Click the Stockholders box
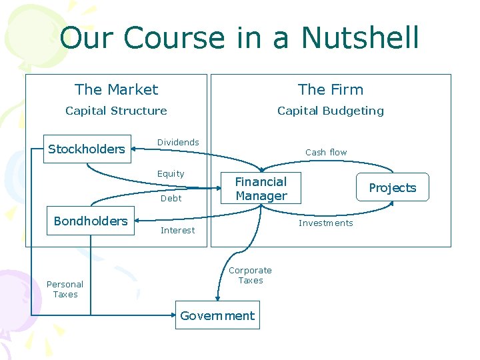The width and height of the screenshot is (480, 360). [87, 149]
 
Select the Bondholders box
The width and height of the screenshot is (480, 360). [91, 221]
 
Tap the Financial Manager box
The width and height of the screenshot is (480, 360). [261, 189]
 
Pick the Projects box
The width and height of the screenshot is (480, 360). [392, 187]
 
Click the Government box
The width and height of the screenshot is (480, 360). [217, 315]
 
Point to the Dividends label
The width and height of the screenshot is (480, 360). [178, 142]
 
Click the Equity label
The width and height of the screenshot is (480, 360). [171, 173]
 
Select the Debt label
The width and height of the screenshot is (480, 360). [171, 198]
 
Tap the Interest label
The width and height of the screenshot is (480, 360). [177, 230]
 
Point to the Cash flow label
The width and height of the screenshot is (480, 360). [326, 152]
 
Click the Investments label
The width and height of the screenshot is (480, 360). [325, 223]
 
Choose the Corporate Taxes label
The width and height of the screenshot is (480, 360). [250, 275]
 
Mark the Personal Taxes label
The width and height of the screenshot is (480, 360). [65, 289]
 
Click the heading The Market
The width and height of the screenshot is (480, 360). [117, 89]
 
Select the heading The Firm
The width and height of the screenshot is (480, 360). [331, 89]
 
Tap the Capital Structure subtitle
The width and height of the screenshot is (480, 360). [116, 111]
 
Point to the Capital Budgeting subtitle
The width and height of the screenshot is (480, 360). [331, 111]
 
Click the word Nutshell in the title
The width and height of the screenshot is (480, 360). [360, 38]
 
